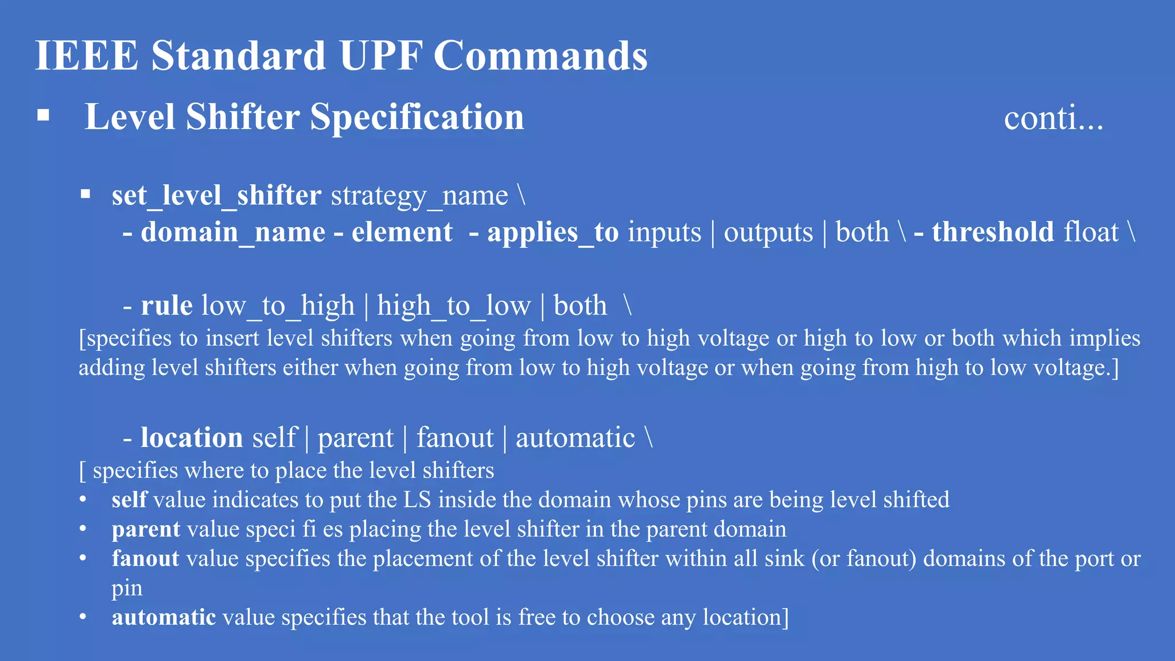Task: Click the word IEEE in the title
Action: pos(87,56)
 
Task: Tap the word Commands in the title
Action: pos(540,56)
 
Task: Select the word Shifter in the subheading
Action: pos(243,117)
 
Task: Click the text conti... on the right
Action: pos(1053,118)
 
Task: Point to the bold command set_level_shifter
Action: pos(216,196)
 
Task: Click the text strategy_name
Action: pos(419,197)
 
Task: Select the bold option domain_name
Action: pos(233,232)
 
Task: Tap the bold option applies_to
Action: pos(553,232)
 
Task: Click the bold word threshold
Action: pos(993,232)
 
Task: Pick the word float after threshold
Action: pos(1091,232)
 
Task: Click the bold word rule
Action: pos(166,306)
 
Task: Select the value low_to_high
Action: pos(278,306)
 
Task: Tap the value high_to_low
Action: pos(453,306)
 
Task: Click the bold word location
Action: pos(192,438)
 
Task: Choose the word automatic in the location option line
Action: pos(575,438)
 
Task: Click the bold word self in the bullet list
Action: pos(129,500)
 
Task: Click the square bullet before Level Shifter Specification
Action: pos(43,116)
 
